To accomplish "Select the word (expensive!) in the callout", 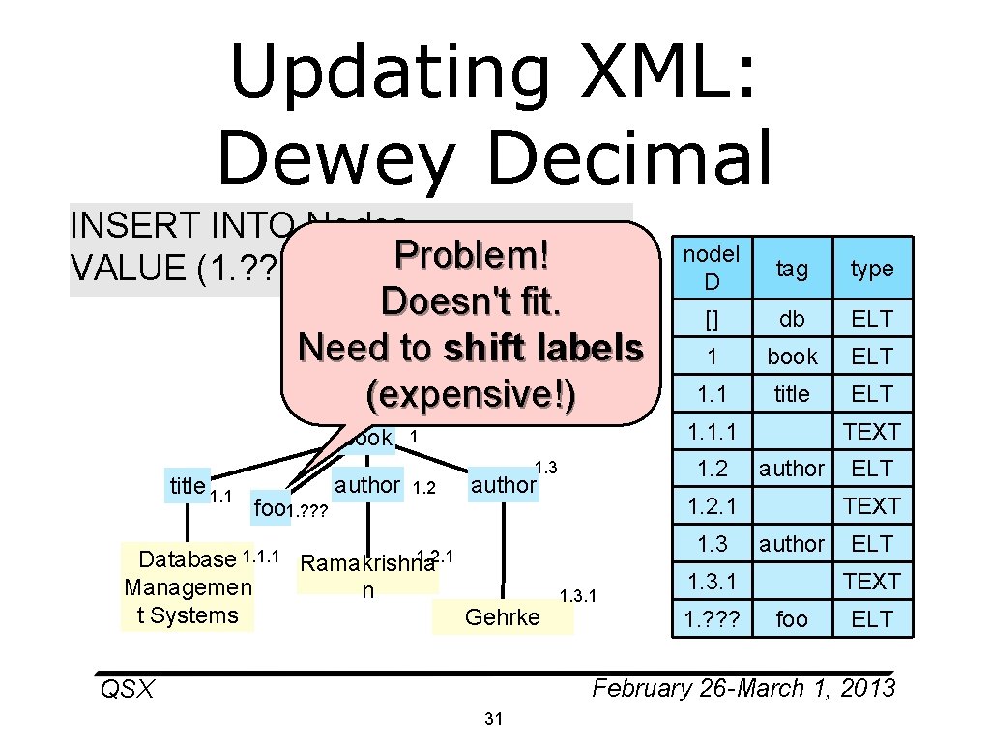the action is pos(472,394).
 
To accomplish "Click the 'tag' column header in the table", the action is pos(792,269).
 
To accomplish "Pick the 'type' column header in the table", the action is pos(872,269).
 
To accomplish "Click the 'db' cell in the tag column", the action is pos(792,318).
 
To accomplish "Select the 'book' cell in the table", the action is pos(792,356).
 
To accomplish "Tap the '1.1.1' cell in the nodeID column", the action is pos(712,431).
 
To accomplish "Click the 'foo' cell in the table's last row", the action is pos(792,618).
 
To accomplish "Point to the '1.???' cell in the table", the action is pos(712,618).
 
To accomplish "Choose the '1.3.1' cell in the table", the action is pos(712,581).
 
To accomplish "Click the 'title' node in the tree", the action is pos(187,486).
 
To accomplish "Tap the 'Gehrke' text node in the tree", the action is pos(503,616).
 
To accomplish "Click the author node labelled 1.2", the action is pos(367,484).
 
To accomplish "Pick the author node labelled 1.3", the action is pos(503,485).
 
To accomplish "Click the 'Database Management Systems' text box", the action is pos(188,586).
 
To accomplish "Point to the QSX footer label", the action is pos(127,689).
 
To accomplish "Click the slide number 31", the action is pos(494,718).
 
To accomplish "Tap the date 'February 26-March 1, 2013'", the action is pos(743,688).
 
